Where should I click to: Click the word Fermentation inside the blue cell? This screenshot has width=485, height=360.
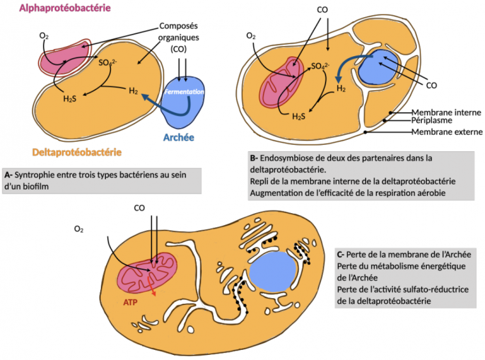coord(184,93)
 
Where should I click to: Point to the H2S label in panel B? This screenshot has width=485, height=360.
coord(298,117)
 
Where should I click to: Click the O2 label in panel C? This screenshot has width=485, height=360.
coord(78,228)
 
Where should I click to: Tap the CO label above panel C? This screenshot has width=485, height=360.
coord(140,207)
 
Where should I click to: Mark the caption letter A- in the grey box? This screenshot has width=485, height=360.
coord(10,175)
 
